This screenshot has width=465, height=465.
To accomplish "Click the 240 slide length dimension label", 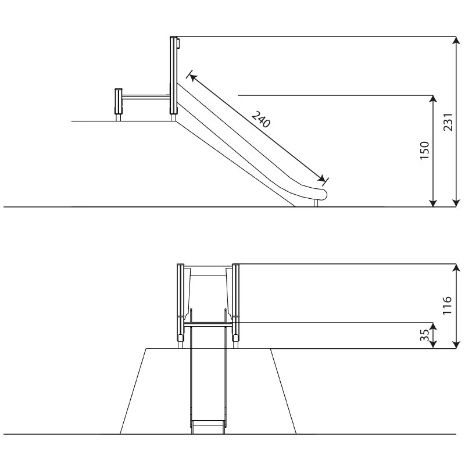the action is (x=261, y=119).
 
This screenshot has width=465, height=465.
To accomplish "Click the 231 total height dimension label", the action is (x=448, y=122).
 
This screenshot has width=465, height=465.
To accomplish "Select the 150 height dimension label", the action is (x=425, y=151).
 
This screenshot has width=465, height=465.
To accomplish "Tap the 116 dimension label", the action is (x=447, y=306).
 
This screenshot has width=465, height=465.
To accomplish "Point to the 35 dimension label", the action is (x=425, y=335).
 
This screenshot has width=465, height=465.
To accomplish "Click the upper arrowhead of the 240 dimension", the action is (x=193, y=77).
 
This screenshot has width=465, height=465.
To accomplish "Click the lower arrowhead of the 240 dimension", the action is (x=321, y=178).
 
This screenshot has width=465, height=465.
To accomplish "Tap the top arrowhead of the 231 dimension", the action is (x=456, y=41).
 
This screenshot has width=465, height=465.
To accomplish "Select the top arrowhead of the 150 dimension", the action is (x=433, y=99).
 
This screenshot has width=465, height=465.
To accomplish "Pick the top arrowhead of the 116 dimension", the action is (x=456, y=268).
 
